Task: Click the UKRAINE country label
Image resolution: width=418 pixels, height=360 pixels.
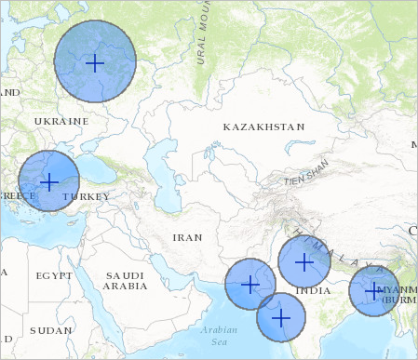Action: coord(61,121)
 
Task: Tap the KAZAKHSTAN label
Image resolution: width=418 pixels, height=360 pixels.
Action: coord(264,126)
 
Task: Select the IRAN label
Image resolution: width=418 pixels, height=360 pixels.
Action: coord(187,237)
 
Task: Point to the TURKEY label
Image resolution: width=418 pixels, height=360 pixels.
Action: coord(86,197)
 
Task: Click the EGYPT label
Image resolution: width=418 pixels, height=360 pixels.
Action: coord(53,276)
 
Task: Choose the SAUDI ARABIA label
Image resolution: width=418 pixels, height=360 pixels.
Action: coord(125,281)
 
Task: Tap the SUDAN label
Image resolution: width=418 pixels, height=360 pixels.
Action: coord(50,330)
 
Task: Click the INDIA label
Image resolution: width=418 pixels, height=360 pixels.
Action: coord(313,291)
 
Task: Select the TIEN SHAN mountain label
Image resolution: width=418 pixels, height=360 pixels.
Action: coord(306,176)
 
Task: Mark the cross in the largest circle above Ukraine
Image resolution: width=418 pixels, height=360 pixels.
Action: coord(95,62)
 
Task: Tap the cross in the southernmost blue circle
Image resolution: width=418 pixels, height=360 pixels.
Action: coord(281,318)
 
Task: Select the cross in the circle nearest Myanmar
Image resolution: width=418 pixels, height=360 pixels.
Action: coord(373,291)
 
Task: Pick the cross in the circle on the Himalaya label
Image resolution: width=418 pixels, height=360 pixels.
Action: coord(304,261)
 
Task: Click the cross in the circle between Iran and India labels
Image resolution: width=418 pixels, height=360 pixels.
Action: coord(249,284)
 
